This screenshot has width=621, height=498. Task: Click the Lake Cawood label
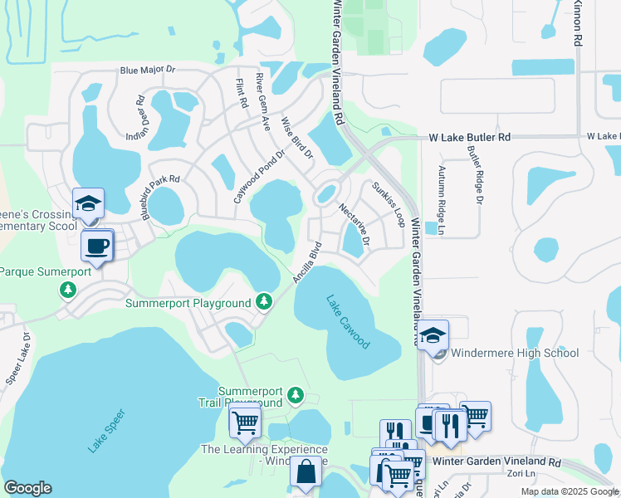(x=348, y=322)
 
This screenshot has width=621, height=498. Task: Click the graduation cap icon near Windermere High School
(x=433, y=335)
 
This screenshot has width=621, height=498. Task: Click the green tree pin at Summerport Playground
(x=264, y=300)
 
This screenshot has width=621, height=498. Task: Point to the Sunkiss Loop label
(x=389, y=204)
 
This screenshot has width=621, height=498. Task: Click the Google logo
(x=27, y=488)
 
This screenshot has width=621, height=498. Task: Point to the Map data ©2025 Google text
(x=569, y=491)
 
